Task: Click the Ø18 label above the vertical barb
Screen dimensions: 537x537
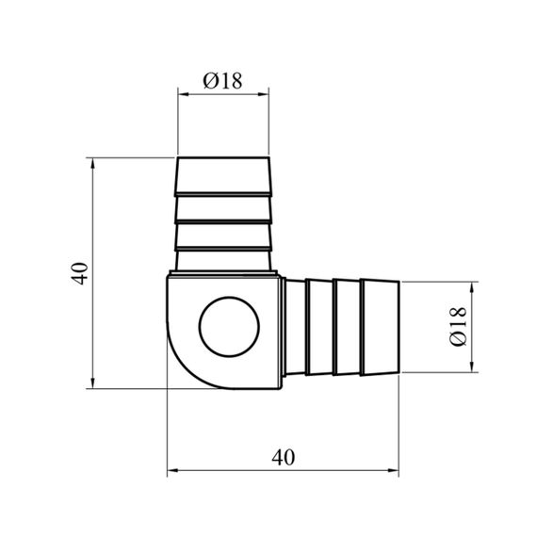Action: point(222,81)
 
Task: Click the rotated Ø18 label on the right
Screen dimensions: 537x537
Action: point(458,326)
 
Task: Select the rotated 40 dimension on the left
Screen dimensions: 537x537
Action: point(79,273)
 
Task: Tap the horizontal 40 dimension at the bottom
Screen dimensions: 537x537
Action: point(284,457)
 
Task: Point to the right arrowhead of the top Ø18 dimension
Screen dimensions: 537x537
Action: point(263,94)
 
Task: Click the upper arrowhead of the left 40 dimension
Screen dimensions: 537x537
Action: point(92,164)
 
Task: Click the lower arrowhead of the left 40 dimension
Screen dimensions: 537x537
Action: point(92,382)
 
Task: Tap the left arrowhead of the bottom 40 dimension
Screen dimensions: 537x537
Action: point(173,470)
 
